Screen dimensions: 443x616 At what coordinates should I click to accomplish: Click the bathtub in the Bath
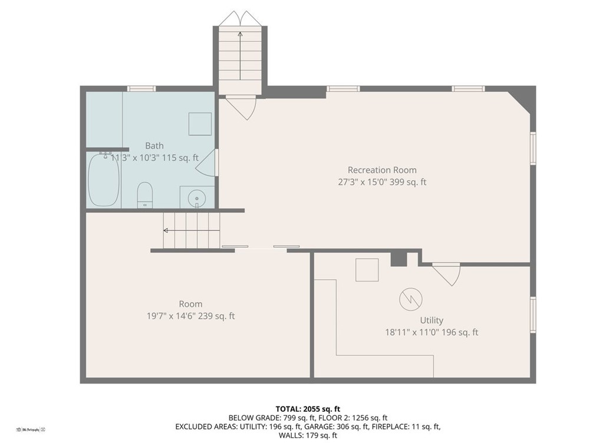point(104,180)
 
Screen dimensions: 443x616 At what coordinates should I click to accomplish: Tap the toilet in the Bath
point(144,195)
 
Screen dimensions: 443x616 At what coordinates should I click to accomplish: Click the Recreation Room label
point(381,170)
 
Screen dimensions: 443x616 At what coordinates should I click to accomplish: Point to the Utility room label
point(431,320)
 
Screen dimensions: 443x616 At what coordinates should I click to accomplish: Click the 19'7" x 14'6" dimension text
point(190,316)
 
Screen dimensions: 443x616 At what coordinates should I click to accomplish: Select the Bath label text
point(154,146)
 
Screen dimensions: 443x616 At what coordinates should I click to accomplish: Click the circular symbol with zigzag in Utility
point(410,299)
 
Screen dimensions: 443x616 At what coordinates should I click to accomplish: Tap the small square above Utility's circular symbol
point(367,270)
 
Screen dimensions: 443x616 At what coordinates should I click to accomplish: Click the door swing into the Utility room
point(447,273)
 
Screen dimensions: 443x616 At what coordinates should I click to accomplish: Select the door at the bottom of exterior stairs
point(241,106)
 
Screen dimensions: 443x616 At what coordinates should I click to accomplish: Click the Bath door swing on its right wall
point(206,163)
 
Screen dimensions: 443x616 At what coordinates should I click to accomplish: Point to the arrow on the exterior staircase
point(240,53)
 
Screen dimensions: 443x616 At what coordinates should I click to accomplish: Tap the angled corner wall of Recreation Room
point(519,101)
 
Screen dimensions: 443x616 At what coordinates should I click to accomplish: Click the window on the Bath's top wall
point(141,88)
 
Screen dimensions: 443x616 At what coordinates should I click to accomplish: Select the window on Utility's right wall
point(533,315)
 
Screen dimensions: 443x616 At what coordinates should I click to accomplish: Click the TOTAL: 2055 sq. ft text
point(308,408)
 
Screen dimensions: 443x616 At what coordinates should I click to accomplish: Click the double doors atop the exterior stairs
point(240,18)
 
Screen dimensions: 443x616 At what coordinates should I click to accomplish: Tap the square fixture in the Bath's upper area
point(200,124)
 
